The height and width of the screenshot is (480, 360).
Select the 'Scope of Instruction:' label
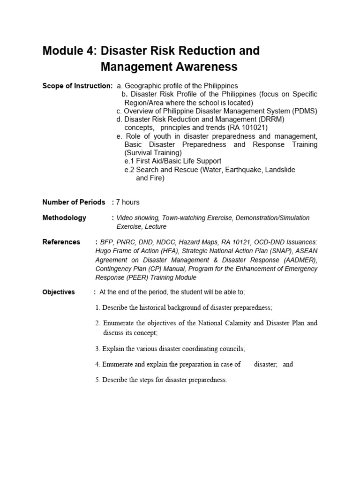tap(77, 86)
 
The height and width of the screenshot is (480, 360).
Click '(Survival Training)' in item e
tap(153, 153)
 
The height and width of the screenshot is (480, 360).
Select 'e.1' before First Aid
tap(129, 161)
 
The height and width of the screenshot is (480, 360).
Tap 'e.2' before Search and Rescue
tap(129, 170)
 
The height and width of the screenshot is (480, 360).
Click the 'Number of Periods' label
tap(74, 202)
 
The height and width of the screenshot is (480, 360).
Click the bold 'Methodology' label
tap(64, 218)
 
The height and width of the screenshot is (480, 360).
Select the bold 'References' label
tap(61, 242)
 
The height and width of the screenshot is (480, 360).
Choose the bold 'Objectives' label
tap(59, 292)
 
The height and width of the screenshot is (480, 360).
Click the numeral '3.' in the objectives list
tap(97, 349)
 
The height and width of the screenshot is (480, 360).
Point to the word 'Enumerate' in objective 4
tap(117, 364)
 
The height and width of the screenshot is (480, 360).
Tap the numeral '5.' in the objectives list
tap(97, 380)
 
